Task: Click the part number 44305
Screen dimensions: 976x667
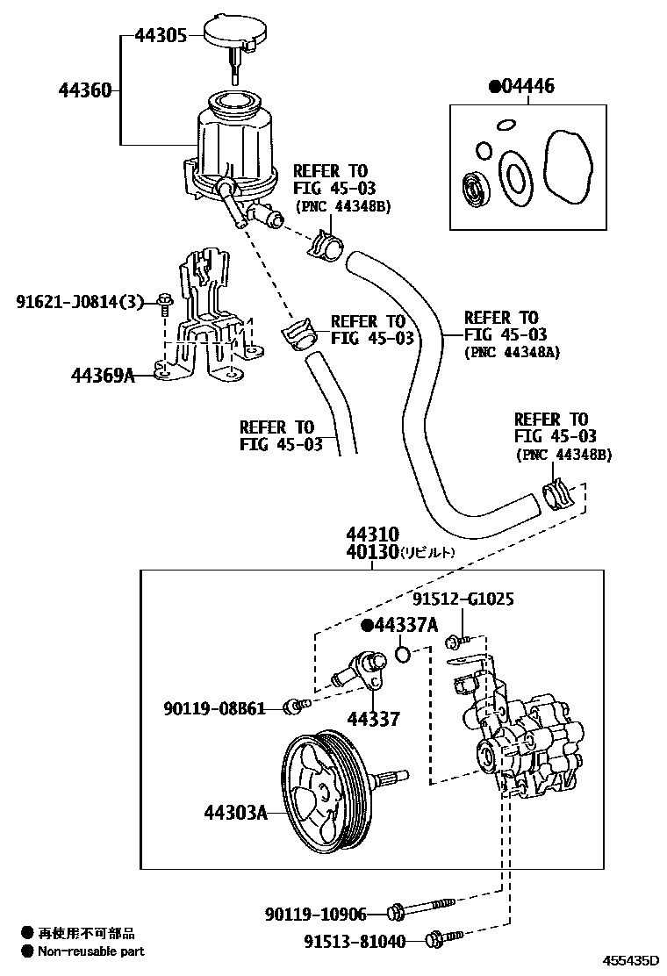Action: coord(160,36)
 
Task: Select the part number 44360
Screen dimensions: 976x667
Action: coord(85,90)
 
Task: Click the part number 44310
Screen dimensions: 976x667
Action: coord(372,535)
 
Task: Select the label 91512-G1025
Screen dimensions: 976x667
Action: coord(463,599)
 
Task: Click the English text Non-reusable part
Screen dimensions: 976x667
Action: coord(91,951)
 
